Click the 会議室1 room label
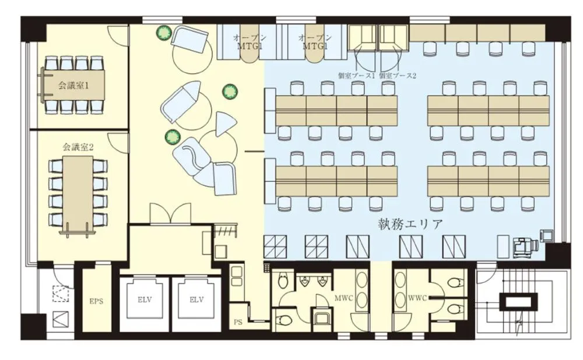coord(73,86)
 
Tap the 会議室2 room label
coord(78,147)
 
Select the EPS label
coord(96,301)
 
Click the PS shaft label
coord(238,322)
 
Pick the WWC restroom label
coord(417,298)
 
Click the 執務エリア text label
coord(410,224)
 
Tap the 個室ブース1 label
coord(356,76)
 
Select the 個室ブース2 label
coord(398,76)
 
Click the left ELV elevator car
coord(145,299)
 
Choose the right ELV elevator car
coord(196,299)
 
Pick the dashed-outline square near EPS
coord(61,294)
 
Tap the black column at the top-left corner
coord(33,29)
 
